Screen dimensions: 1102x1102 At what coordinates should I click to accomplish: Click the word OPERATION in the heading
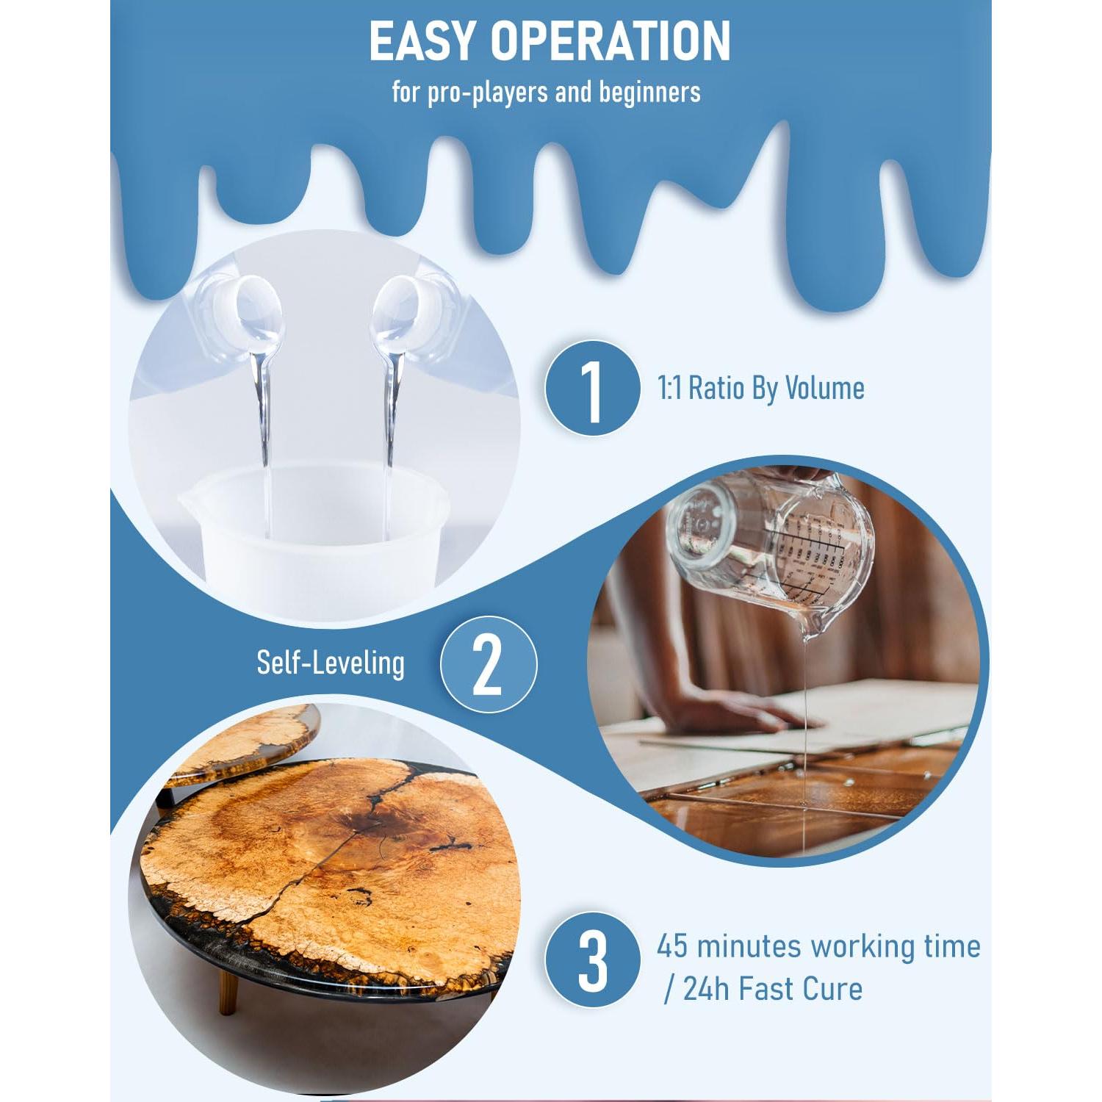611,42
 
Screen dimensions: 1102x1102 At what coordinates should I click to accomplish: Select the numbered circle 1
591,388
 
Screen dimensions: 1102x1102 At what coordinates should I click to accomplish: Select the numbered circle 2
489,664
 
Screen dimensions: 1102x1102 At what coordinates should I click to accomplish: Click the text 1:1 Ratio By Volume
761,388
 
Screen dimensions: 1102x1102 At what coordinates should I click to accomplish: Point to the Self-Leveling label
330,663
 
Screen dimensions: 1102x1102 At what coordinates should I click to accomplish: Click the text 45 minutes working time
818,946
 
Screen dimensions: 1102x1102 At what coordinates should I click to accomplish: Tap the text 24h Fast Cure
772,989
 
